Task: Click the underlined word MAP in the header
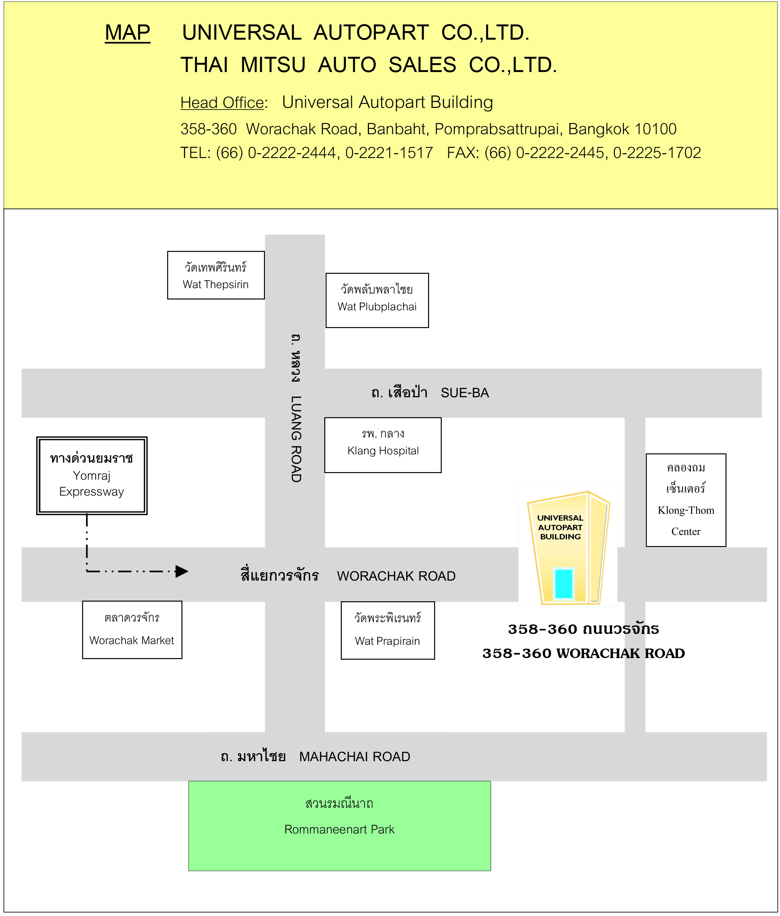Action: click(x=127, y=33)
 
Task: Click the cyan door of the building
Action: click(x=564, y=583)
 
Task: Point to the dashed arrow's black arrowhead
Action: click(x=182, y=571)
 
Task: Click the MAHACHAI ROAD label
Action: click(x=355, y=756)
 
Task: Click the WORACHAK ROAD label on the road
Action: click(x=396, y=576)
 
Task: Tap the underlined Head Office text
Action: click(x=222, y=102)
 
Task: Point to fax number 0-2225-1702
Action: click(x=657, y=153)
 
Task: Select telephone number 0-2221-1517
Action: click(x=389, y=153)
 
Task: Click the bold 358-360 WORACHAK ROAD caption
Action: click(x=584, y=653)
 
